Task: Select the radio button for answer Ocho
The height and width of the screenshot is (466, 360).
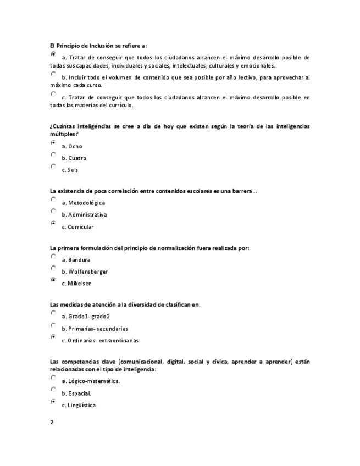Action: pos(53,142)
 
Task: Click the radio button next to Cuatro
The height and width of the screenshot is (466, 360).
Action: pos(53,154)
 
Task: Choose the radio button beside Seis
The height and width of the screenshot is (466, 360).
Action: pos(53,166)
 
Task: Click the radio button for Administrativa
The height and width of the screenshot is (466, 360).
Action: pos(53,211)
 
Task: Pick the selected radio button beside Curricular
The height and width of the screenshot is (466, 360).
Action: pos(53,223)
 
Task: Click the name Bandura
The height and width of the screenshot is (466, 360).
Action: pos(79,260)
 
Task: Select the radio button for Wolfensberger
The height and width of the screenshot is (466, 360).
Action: pos(53,268)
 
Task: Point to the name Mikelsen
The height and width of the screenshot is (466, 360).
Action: pos(80,284)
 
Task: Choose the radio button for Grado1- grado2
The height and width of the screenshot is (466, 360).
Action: pos(53,313)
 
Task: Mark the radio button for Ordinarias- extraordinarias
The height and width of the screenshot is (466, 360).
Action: pos(53,336)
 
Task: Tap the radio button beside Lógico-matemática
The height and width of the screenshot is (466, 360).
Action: pos(53,378)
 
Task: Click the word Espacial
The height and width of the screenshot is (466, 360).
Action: pos(80,393)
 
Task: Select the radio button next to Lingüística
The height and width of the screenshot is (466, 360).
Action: pos(53,402)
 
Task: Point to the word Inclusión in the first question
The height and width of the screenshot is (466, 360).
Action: pos(99,46)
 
